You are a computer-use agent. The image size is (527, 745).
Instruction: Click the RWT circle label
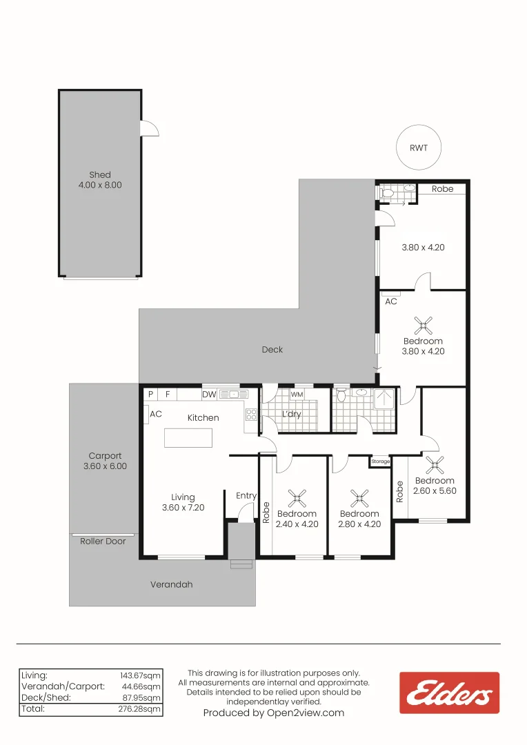click(419, 148)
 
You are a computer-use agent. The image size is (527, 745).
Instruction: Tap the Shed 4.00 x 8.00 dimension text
click(100, 185)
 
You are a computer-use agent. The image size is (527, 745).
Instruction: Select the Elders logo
click(449, 693)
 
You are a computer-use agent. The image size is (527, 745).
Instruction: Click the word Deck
click(272, 350)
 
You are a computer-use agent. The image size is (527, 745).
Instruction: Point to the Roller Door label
click(103, 542)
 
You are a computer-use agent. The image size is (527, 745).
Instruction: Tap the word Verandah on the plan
click(172, 584)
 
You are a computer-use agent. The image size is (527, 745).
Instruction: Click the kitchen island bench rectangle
click(188, 438)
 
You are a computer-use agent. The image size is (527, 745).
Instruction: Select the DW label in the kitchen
click(209, 394)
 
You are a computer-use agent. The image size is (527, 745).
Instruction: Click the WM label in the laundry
click(297, 395)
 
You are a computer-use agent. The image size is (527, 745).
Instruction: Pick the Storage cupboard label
click(380, 461)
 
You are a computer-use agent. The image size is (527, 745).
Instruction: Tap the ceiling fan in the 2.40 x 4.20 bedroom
click(297, 499)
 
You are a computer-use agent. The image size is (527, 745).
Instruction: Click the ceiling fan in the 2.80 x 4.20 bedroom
click(360, 499)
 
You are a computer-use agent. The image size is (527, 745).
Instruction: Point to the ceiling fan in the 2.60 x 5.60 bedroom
click(435, 466)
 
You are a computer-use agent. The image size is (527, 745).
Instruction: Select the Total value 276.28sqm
click(139, 709)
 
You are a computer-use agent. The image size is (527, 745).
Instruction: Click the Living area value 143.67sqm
click(140, 675)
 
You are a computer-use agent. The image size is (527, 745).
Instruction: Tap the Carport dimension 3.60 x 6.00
click(105, 466)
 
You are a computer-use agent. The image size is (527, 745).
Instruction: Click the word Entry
click(246, 496)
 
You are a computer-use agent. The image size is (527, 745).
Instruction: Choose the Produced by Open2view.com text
click(274, 713)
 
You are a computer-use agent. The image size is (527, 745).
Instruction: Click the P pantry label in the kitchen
click(150, 394)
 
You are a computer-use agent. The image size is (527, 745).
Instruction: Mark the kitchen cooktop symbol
click(251, 415)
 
